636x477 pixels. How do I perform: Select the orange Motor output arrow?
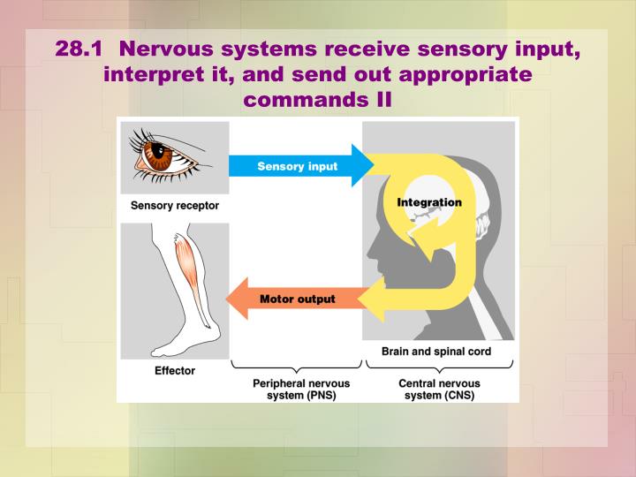point(297,299)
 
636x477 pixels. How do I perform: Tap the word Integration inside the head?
point(429,202)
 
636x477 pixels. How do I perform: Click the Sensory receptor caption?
point(175,206)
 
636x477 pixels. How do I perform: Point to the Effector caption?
point(175,371)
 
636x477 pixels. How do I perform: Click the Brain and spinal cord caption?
point(436,352)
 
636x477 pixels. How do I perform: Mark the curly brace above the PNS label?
point(296,366)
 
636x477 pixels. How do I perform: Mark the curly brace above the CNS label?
point(438,366)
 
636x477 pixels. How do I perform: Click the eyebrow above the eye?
point(163,133)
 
